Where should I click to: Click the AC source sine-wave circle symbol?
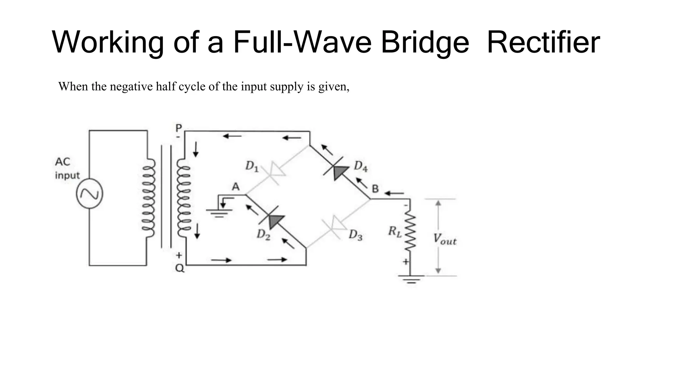click(x=90, y=193)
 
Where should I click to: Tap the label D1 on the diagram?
click(x=252, y=166)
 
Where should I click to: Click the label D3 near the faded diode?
click(x=355, y=235)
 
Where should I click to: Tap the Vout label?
click(x=444, y=239)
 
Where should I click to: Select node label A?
click(x=236, y=187)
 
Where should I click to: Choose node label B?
click(x=375, y=189)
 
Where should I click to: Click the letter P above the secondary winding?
click(x=179, y=128)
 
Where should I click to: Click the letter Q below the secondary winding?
click(x=180, y=268)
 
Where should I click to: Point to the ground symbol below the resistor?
click(x=410, y=280)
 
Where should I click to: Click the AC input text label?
click(x=67, y=168)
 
